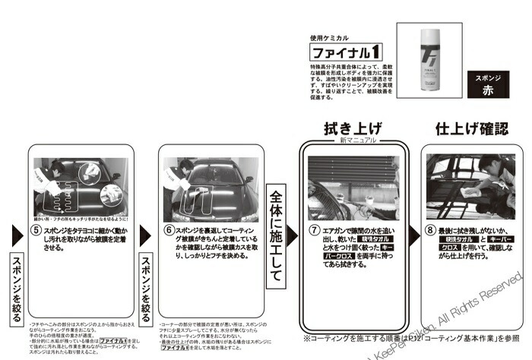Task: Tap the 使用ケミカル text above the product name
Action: [x=328, y=37]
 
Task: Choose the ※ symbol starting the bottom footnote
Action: [x=307, y=337]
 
